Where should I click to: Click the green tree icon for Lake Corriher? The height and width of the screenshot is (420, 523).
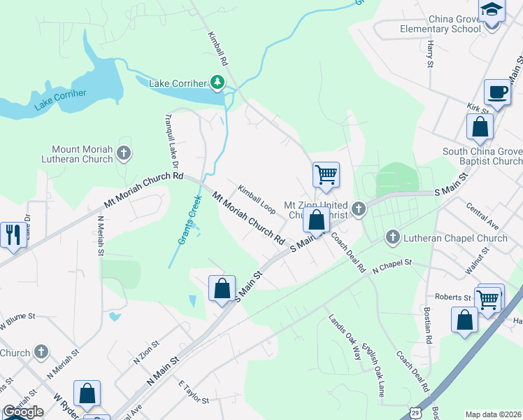pyautogui.click(x=218, y=83)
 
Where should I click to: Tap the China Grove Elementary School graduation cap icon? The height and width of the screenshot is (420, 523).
pyautogui.click(x=492, y=10)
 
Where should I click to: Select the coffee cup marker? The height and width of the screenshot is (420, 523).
pyautogui.click(x=497, y=92)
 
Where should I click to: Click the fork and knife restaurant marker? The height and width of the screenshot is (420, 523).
pyautogui.click(x=12, y=234)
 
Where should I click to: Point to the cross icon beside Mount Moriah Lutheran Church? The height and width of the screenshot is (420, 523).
pyautogui.click(x=124, y=153)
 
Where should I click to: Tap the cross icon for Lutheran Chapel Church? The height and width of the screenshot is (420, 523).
pyautogui.click(x=392, y=238)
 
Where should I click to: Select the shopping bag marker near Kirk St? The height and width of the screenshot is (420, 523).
pyautogui.click(x=480, y=127)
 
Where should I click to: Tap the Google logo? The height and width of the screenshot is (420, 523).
pyautogui.click(x=23, y=412)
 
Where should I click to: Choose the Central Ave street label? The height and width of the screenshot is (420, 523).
pyautogui.click(x=482, y=217)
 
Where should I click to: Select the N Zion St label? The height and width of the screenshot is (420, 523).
pyautogui.click(x=146, y=353)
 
